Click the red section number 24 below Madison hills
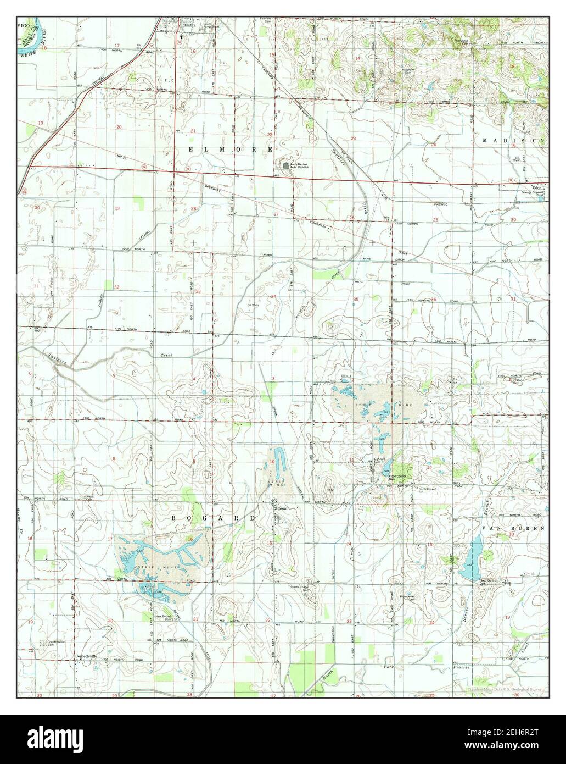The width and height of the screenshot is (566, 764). pos(433,145)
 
